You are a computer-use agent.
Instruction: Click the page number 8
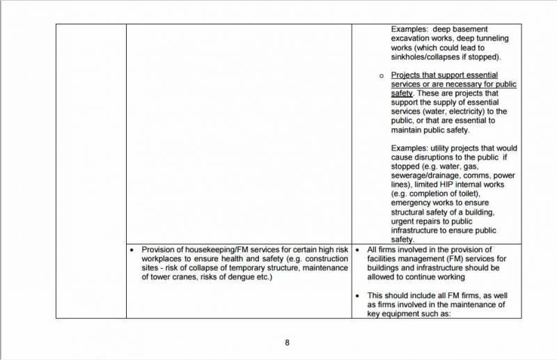(x=287, y=342)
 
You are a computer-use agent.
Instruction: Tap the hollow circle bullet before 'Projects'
(x=381, y=75)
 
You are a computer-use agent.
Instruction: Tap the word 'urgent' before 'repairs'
(x=405, y=221)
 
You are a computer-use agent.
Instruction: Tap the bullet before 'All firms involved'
(x=357, y=250)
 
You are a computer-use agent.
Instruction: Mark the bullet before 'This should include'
(x=357, y=295)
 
